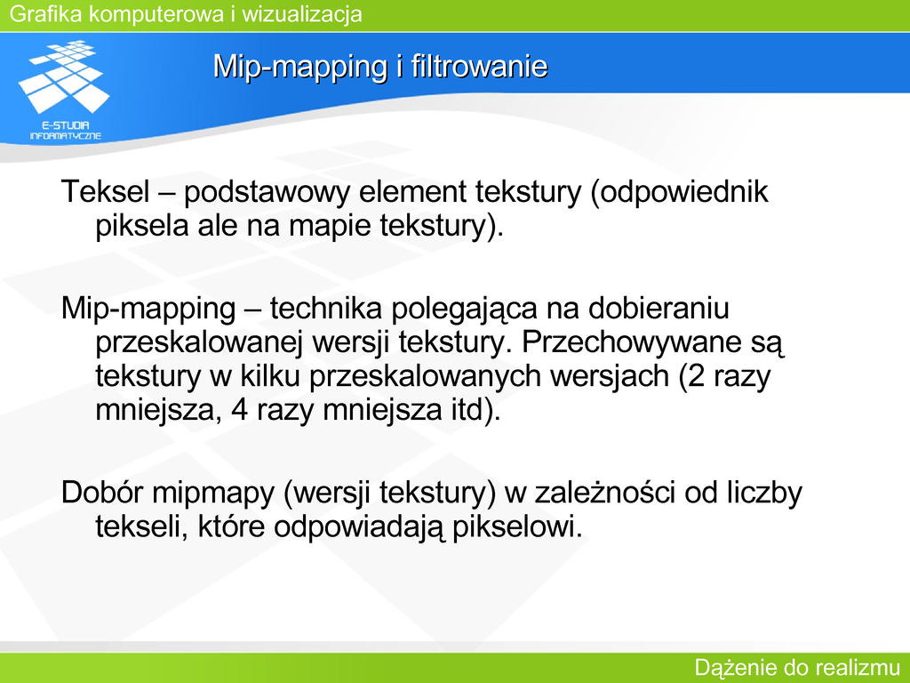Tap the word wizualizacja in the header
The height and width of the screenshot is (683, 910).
click(302, 14)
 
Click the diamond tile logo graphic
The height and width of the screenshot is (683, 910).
click(64, 76)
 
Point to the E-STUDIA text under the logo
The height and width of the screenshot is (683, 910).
click(66, 125)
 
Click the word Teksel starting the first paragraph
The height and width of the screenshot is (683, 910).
click(105, 192)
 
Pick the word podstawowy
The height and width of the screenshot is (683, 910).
click(267, 192)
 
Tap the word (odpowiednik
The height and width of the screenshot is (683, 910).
click(679, 192)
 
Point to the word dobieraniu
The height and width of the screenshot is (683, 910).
click(659, 309)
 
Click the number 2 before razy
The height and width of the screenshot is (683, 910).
click(697, 376)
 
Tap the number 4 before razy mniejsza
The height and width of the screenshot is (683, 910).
click(240, 411)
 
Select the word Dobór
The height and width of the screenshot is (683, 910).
click(102, 493)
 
